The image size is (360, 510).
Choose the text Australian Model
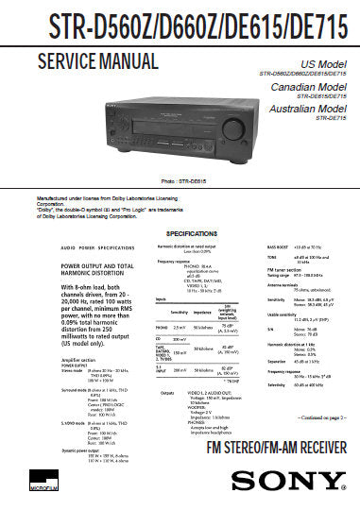coord(307,109)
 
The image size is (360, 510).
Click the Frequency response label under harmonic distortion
coord(177,261)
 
